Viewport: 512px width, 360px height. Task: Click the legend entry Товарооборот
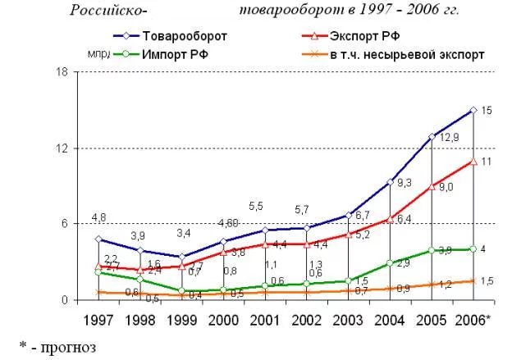coord(184,36)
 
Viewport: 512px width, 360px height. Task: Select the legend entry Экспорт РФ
coord(364,36)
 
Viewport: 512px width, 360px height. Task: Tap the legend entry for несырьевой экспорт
coord(407,54)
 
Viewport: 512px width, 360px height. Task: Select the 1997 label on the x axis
coord(98,318)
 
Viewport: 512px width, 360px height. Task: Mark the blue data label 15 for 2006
coord(487,110)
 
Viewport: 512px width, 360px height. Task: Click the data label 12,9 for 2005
coord(449,137)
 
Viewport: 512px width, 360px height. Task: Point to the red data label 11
coord(487,162)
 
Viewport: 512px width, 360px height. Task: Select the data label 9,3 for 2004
coord(404,183)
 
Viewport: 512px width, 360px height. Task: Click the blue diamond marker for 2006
coord(473,110)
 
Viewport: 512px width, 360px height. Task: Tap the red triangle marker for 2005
coord(432,187)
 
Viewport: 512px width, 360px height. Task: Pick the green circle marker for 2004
coord(390,263)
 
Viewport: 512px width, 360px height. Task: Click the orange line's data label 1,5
coord(487,281)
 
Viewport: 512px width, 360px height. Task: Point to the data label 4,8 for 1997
coord(98,217)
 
